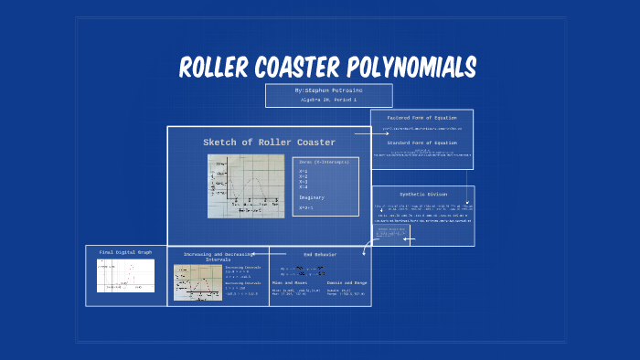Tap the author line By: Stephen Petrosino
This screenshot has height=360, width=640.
[x=328, y=91]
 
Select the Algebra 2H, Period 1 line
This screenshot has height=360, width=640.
[x=328, y=100]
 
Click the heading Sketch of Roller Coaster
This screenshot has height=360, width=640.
[x=269, y=143]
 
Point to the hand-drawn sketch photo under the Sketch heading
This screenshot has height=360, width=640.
[x=246, y=185]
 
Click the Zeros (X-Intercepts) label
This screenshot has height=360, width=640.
[x=324, y=162]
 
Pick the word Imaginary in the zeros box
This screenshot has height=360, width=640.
[x=311, y=197]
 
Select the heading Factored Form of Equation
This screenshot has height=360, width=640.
[x=421, y=118]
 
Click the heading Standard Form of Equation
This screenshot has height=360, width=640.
[x=421, y=143]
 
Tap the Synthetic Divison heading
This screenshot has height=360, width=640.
[x=423, y=194]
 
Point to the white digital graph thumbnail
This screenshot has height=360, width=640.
[x=126, y=275]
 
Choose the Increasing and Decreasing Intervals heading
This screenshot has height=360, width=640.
[x=217, y=257]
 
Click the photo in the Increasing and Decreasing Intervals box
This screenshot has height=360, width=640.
[x=197, y=282]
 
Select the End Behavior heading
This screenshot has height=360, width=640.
[x=320, y=254]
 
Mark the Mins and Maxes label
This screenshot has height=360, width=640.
[x=288, y=283]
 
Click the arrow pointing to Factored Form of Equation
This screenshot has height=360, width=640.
[x=360, y=133]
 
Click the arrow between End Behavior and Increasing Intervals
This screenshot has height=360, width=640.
[x=259, y=253]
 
